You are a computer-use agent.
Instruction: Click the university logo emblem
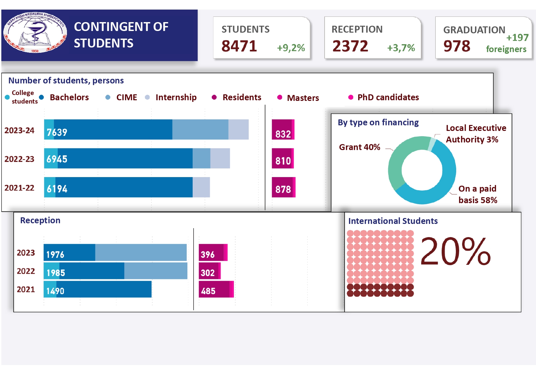pos(35,32)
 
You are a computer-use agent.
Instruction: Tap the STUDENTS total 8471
pos(239,46)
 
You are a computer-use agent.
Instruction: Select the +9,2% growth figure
pos(291,48)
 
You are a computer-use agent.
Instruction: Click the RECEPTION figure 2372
pos(350,46)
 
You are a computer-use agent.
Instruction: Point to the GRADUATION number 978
pos(457,46)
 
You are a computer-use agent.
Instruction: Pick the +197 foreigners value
pos(517,38)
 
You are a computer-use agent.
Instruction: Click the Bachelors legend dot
pos(42,97)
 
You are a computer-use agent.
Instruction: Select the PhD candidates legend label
pos(388,97)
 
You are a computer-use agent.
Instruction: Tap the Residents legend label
pos(242,97)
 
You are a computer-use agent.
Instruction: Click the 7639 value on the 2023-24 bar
pos(57,132)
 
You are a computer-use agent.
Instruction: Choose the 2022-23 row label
pos(19,159)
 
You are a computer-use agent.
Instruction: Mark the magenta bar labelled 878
pos(283,187)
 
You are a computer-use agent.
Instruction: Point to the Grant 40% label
pos(360,147)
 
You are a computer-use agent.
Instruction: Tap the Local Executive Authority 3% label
pos(475,134)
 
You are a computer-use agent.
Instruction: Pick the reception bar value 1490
pos(55,291)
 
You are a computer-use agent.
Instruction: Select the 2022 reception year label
pos(26,271)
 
